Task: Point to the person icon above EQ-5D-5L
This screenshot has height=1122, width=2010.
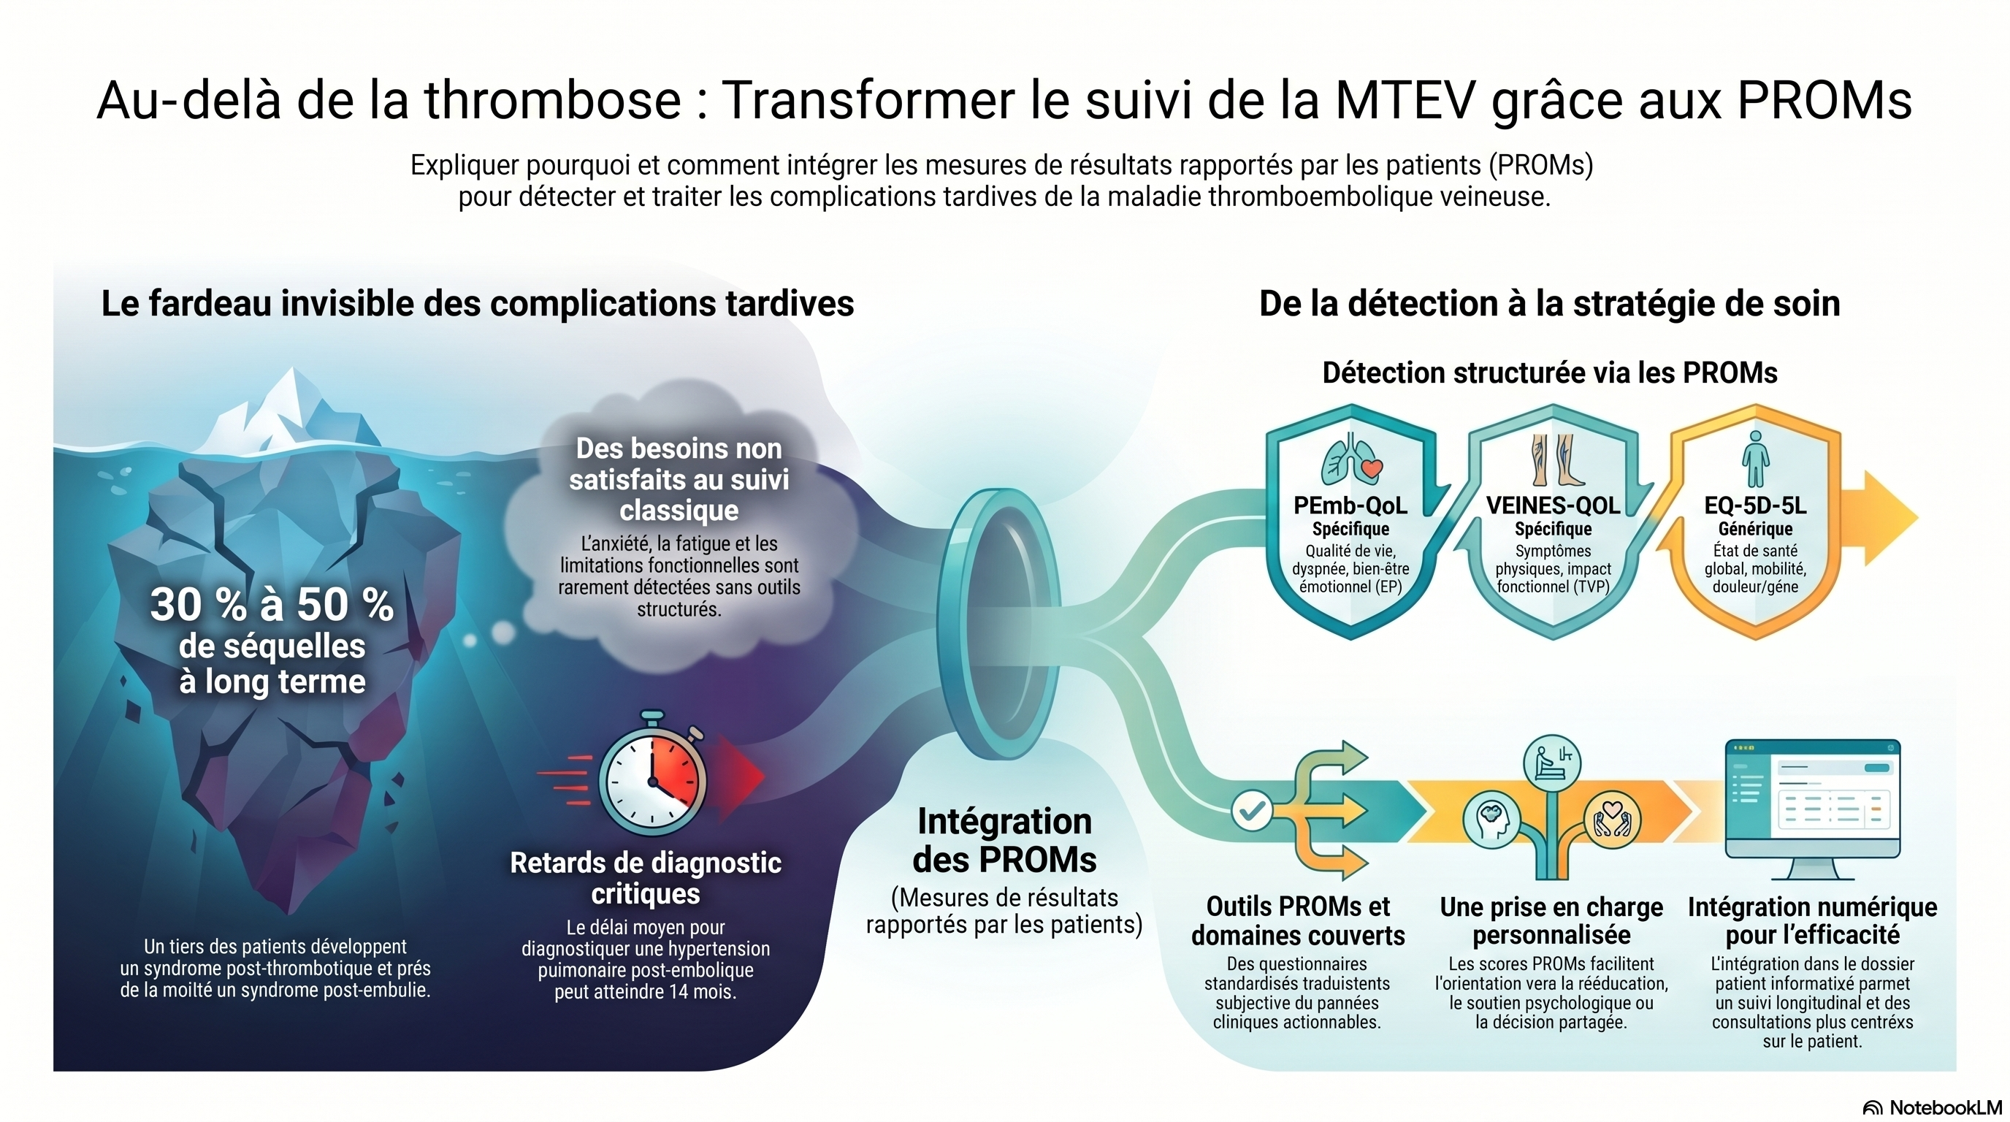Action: (1756, 459)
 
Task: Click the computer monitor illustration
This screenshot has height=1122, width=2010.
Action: (1813, 809)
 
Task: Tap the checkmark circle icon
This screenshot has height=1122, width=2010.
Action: (1253, 811)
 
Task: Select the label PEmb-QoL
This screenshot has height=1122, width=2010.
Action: (1350, 505)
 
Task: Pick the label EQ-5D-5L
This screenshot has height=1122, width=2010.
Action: (1756, 505)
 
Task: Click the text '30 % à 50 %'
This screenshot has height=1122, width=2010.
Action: (272, 605)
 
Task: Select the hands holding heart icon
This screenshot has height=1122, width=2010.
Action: (1612, 820)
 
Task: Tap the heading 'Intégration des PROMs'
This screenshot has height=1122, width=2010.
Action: (1005, 840)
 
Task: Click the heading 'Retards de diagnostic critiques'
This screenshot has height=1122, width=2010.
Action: (646, 878)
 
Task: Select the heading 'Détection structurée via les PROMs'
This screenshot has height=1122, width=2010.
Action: (1550, 373)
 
